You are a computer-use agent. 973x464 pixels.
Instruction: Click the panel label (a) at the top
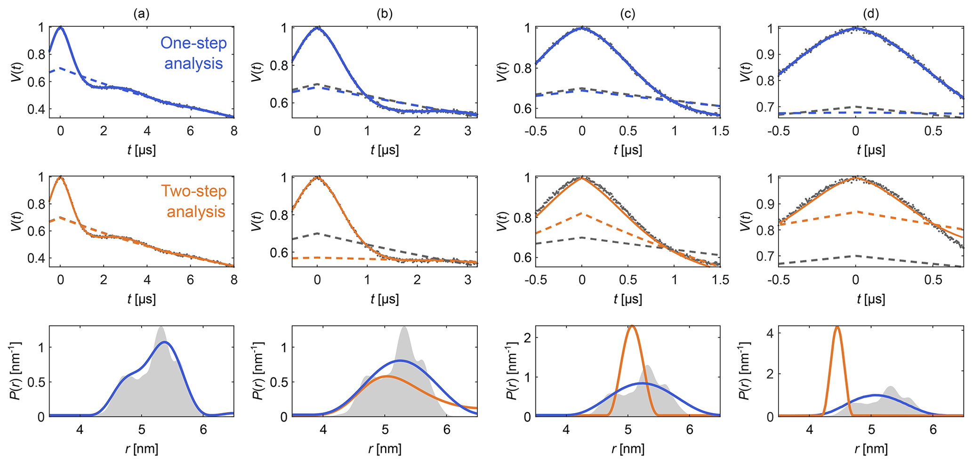point(141,14)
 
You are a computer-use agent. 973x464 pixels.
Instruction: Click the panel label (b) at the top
point(385,14)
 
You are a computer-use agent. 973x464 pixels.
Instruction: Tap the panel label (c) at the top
point(627,14)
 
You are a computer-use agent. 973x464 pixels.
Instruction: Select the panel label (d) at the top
point(871,14)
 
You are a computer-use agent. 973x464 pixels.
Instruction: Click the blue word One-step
point(193,43)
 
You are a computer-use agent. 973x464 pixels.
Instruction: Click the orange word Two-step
point(193,191)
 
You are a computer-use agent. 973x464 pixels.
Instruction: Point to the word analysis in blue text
point(193,64)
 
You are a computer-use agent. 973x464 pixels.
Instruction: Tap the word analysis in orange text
point(196,212)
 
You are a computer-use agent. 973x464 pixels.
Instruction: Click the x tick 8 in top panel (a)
point(234,131)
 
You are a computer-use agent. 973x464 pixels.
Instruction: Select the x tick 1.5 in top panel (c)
point(720,131)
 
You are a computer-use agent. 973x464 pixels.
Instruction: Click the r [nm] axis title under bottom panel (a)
point(142,449)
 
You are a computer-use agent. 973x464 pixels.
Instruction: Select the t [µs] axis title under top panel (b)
point(385,150)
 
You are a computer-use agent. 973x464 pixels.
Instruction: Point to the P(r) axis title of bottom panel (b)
point(259,372)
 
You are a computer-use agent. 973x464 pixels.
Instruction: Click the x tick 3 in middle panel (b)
point(467,280)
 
